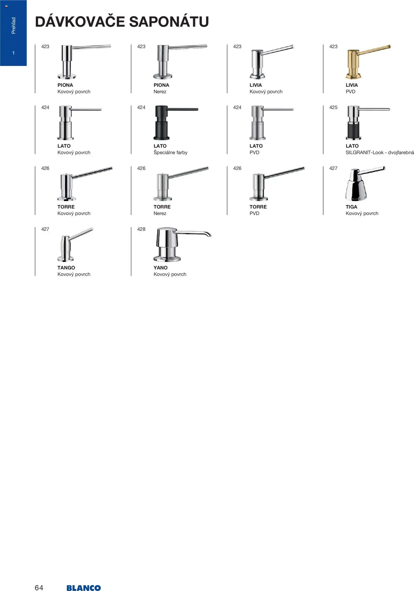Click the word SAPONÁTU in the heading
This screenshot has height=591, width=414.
coord(169,22)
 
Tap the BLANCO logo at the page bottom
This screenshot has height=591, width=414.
coord(84,581)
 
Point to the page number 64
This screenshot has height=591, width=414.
coord(39,580)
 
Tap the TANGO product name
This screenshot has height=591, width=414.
coord(66,268)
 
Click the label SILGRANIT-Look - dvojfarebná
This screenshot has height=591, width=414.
coord(380,153)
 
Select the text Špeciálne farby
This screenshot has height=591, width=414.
coord(170,153)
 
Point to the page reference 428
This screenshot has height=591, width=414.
coord(141,229)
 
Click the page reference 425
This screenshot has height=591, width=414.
coord(333,108)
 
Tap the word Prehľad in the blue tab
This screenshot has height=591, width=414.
coord(13,26)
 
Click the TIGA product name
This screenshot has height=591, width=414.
coord(351,207)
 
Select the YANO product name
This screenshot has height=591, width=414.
coord(161,268)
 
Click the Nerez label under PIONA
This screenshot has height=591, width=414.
coord(160,92)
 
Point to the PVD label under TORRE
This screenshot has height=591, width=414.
coord(254,213)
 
